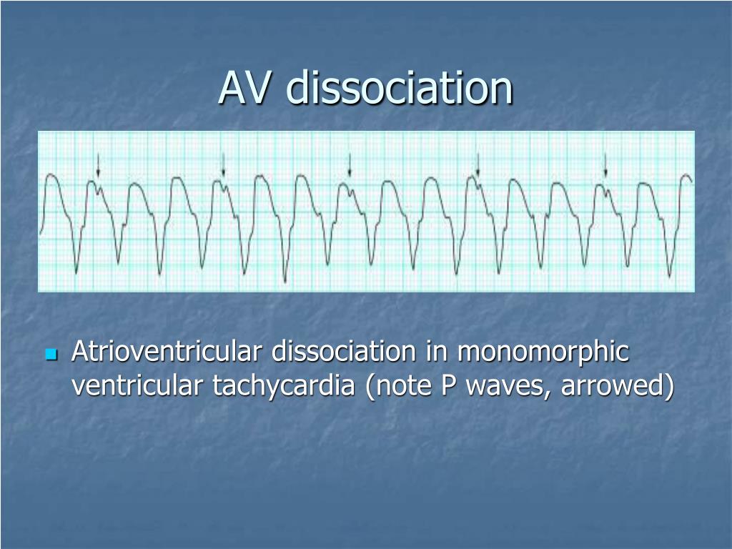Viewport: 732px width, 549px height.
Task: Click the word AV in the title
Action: click(x=244, y=88)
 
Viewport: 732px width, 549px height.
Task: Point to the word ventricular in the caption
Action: click(x=137, y=385)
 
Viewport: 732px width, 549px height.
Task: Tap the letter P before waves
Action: click(x=448, y=385)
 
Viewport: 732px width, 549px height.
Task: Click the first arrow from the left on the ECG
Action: click(x=98, y=165)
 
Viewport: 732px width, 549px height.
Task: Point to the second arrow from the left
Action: click(x=223, y=165)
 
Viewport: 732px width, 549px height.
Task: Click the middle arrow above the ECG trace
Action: click(x=350, y=165)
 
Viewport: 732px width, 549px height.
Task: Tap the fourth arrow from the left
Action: click(x=478, y=165)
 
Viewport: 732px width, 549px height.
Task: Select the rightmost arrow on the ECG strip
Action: click(x=605, y=165)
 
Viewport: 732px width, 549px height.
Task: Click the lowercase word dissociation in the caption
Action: click(x=344, y=351)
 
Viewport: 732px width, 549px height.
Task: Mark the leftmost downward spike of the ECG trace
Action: click(x=76, y=272)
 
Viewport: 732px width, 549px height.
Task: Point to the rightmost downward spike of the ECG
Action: click(x=669, y=275)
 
